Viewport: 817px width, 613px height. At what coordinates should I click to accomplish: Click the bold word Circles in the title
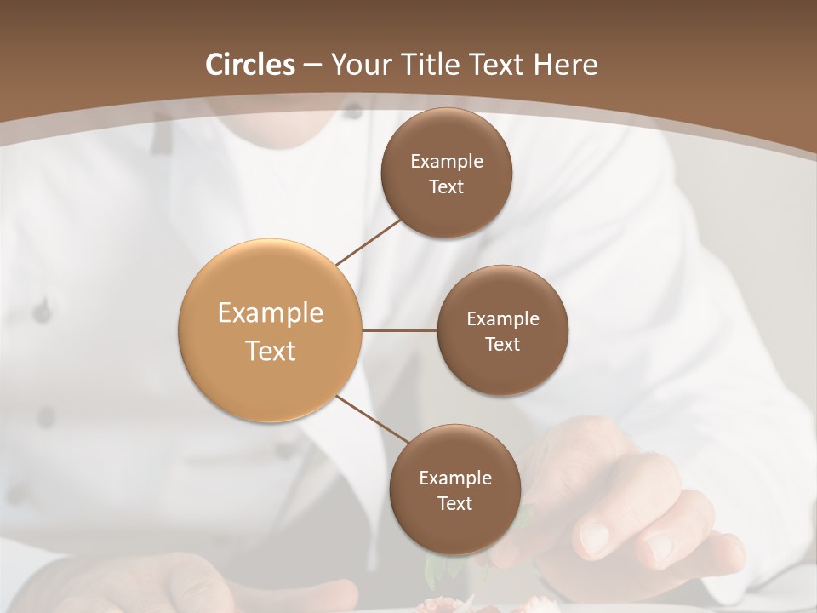[x=250, y=65]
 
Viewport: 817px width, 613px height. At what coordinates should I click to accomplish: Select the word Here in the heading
[x=566, y=65]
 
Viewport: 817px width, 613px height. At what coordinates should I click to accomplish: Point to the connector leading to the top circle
[x=369, y=242]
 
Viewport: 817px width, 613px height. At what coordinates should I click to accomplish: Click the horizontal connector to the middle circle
[x=400, y=330]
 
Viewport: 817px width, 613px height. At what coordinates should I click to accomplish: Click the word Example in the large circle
[x=271, y=313]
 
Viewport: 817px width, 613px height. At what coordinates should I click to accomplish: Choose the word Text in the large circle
[x=271, y=351]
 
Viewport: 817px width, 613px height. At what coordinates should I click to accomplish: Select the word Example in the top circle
[x=446, y=162]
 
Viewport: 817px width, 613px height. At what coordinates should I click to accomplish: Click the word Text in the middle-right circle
[x=502, y=344]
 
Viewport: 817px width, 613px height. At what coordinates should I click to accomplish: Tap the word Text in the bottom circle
[x=454, y=503]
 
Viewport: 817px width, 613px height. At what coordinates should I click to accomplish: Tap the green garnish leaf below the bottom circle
[x=434, y=566]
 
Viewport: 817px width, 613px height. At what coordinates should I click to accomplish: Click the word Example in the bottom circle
[x=454, y=478]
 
